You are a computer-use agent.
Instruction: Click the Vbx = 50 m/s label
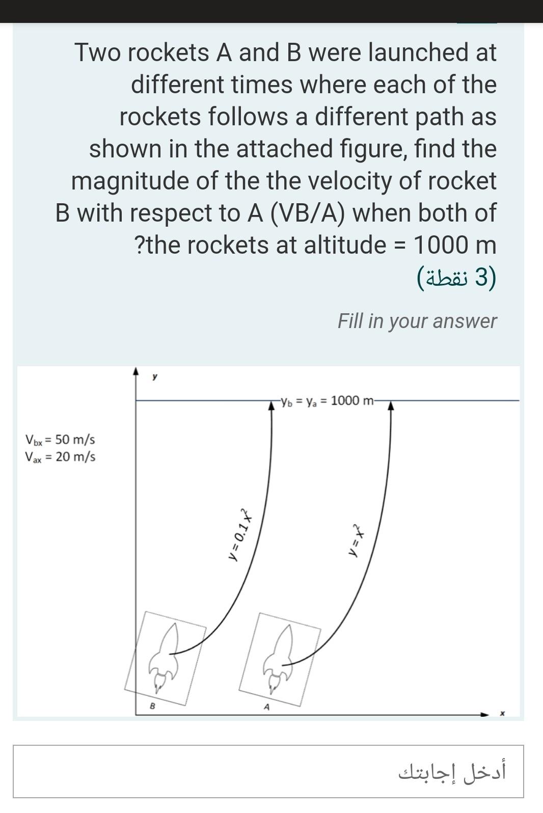pyautogui.click(x=60, y=439)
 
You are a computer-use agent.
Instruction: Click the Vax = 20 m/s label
pyautogui.click(x=60, y=456)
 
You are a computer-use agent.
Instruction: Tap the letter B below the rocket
pyautogui.click(x=152, y=707)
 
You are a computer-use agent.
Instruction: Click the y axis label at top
pyautogui.click(x=155, y=377)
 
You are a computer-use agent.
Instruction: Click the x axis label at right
pyautogui.click(x=502, y=714)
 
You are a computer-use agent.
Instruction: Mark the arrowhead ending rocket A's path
pyautogui.click(x=391, y=405)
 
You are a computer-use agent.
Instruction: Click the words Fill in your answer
pyautogui.click(x=417, y=321)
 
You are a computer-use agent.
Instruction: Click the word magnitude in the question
pyautogui.click(x=131, y=180)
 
